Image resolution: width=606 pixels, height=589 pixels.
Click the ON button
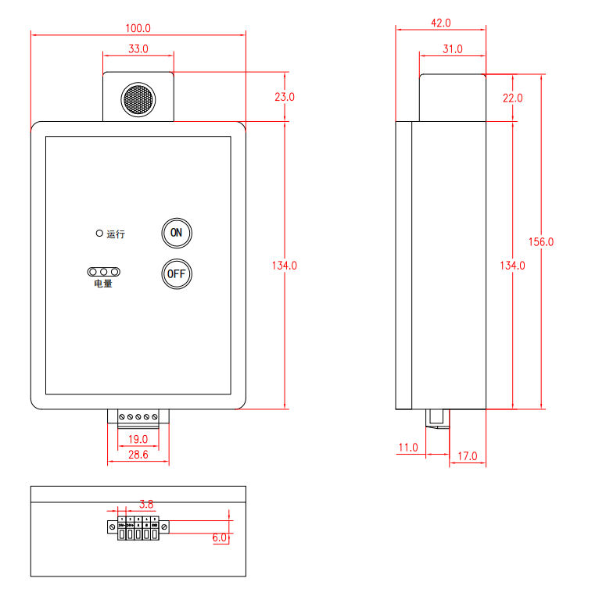pos(176,232)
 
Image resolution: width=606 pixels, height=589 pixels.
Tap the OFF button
pos(176,273)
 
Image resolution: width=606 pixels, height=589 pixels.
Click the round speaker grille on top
pos(138,99)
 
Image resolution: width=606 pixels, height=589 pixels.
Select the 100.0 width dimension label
pos(138,28)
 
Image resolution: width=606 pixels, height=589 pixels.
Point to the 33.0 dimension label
pos(138,49)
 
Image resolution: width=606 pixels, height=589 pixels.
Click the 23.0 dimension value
pos(284,98)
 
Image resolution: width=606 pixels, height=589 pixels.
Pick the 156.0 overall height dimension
pos(540,242)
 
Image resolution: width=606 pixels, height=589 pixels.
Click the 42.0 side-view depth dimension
pos(442,23)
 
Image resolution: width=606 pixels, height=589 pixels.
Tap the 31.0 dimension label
pos(452,49)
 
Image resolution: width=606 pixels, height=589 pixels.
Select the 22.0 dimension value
pos(512,98)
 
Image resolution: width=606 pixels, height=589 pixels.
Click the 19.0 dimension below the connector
pos(138,440)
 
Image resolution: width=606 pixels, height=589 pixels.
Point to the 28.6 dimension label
pos(138,454)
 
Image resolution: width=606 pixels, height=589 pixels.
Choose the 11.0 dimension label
pos(408,448)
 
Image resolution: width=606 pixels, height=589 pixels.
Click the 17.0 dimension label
pos(467,456)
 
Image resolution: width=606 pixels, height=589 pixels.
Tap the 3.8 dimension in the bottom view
pos(145,503)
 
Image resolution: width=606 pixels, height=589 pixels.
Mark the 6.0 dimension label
pos(219,538)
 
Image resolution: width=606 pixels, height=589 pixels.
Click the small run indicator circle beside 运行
pos(99,233)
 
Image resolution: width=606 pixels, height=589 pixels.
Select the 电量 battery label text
pos(103,284)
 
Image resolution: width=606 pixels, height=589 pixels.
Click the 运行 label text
pos(116,234)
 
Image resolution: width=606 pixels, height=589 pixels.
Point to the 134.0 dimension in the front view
pos(284,266)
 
